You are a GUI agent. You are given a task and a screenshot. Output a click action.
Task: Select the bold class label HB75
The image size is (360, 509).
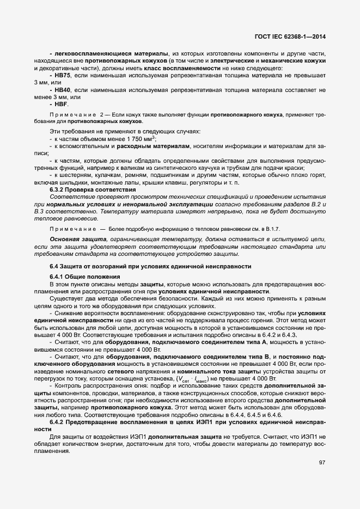point(64,75)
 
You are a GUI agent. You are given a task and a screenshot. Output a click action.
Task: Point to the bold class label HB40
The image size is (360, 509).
point(64,89)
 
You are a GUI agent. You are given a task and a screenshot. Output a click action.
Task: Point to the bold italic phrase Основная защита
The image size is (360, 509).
point(76,239)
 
